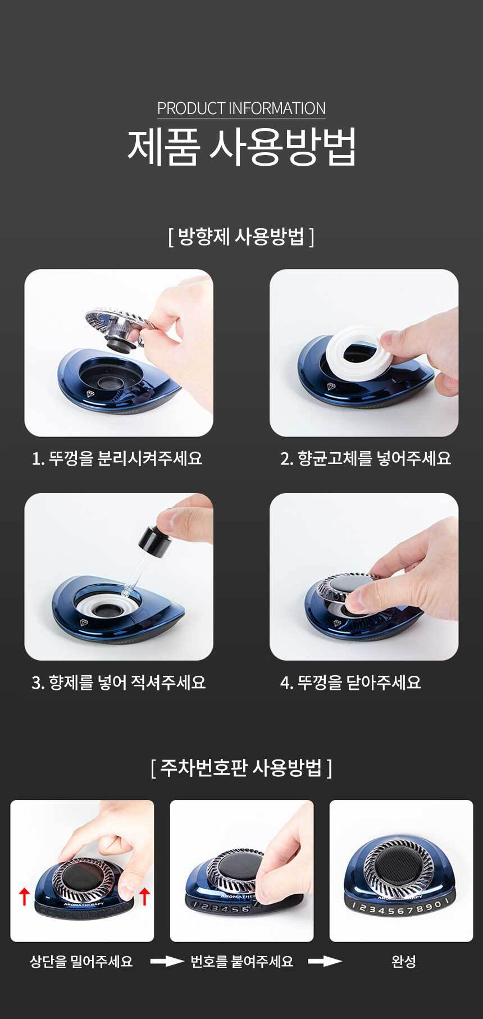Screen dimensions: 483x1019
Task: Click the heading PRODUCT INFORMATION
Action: tap(241, 108)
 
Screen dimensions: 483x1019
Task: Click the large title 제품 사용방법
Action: tap(241, 147)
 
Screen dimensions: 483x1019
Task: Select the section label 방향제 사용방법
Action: tap(241, 236)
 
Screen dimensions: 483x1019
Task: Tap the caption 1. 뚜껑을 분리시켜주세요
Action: tap(117, 458)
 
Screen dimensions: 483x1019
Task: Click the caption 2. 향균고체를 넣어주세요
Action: tap(366, 458)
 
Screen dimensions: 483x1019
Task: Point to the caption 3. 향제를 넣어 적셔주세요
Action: tap(119, 683)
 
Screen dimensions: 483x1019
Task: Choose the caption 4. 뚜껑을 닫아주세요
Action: tap(350, 683)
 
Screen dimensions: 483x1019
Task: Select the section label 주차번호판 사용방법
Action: tap(241, 767)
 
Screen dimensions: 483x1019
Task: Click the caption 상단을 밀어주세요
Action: tap(81, 962)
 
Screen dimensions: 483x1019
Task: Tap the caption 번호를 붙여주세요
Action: tap(242, 962)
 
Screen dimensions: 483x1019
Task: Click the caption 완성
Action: tap(404, 962)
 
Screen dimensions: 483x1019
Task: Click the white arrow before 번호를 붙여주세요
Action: tap(167, 962)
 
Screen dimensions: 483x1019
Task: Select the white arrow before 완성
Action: tap(325, 962)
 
